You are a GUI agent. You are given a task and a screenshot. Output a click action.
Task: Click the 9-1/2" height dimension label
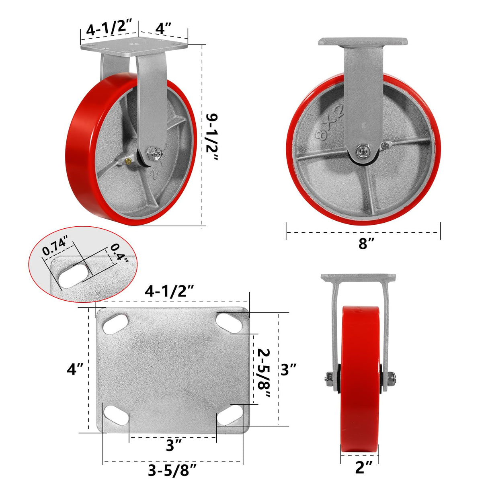coord(212,137)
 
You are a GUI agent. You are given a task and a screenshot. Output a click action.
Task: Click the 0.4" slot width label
coord(119,252)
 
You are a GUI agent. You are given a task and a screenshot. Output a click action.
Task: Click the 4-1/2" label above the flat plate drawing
coord(170,291)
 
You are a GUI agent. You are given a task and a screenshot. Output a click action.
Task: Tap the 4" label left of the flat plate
coord(75,369)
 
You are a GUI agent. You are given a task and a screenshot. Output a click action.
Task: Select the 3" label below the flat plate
coord(174,445)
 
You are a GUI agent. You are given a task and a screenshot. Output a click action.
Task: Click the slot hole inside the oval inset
coord(74,275)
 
